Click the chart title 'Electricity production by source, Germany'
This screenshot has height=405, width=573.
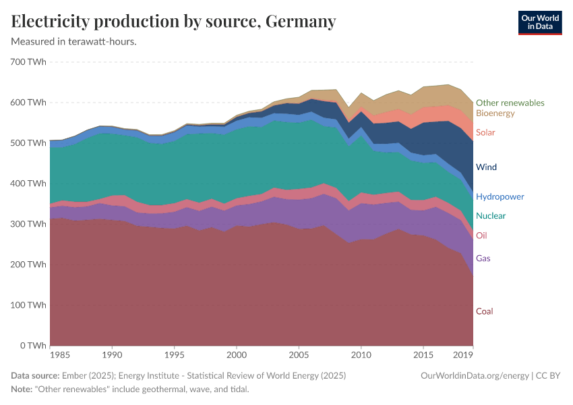click(173, 22)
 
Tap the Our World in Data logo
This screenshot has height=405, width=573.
click(539, 22)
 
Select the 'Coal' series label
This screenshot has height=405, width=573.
click(485, 311)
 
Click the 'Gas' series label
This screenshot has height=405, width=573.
click(483, 259)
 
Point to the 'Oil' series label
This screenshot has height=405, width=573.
click(481, 236)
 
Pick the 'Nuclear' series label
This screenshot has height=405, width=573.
click(491, 216)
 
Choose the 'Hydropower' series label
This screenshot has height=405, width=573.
click(500, 197)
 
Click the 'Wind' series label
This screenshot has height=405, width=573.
click(486, 167)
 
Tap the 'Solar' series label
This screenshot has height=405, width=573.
click(485, 132)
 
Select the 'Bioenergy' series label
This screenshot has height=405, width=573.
click(495, 113)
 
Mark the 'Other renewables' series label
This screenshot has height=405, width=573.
click(510, 103)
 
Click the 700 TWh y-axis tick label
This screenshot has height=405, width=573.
click(28, 62)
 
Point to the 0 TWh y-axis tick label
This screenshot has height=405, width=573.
click(32, 346)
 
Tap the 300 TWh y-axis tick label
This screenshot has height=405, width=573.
click(28, 224)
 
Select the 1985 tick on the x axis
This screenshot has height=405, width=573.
click(59, 354)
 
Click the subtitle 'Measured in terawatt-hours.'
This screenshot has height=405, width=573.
click(74, 42)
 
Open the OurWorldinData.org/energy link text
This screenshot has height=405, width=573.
click(475, 376)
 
